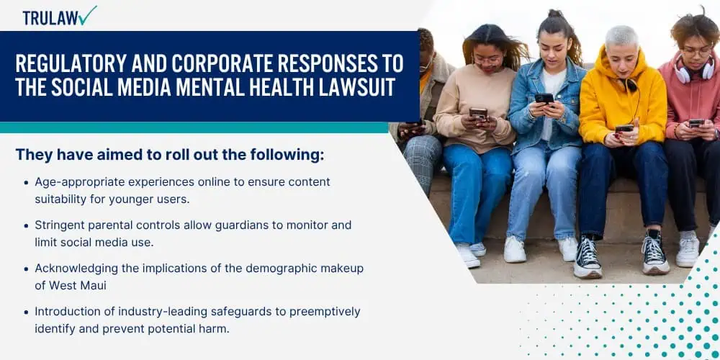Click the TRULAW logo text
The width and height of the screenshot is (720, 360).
[50, 17]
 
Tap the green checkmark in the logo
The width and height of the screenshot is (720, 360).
[88, 15]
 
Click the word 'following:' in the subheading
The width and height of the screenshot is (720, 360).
[287, 155]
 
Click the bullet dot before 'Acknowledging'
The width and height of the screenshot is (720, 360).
[26, 269]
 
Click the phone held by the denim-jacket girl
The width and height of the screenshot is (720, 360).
[544, 98]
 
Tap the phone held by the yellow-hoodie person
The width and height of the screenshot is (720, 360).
[624, 128]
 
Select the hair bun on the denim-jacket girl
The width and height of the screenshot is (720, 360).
[555, 14]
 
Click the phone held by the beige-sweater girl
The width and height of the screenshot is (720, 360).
[478, 113]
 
